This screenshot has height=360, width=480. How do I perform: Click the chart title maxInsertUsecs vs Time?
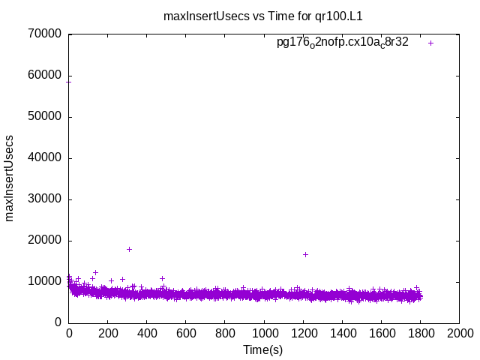pos(268,15)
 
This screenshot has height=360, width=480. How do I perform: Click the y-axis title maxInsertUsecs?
pos(10,178)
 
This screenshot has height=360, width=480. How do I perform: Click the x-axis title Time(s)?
pos(262,349)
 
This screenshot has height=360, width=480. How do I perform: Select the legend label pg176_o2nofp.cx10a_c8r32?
pos(342,43)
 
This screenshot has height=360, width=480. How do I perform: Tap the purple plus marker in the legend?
pos(431,43)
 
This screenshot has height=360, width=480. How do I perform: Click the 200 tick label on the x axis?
pos(108,332)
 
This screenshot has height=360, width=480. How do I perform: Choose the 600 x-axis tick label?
pos(186,332)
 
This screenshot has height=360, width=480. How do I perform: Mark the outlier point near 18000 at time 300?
pos(129,249)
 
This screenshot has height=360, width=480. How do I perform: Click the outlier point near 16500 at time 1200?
pos(305,254)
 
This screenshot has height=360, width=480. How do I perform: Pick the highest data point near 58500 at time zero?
pos(69,81)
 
